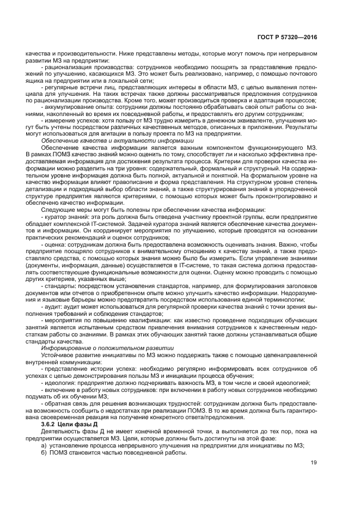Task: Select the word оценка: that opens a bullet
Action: [x=56, y=244]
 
